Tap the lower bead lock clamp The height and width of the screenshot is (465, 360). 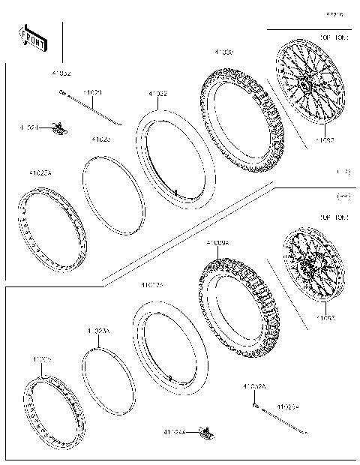pos(205,432)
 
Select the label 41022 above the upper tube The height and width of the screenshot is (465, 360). pos(157,93)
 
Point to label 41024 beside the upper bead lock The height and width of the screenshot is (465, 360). pos(31,128)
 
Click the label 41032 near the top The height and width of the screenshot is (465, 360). pos(61,73)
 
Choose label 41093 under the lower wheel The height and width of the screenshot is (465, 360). pos(325,318)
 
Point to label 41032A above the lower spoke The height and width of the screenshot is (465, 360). pos(253,387)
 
